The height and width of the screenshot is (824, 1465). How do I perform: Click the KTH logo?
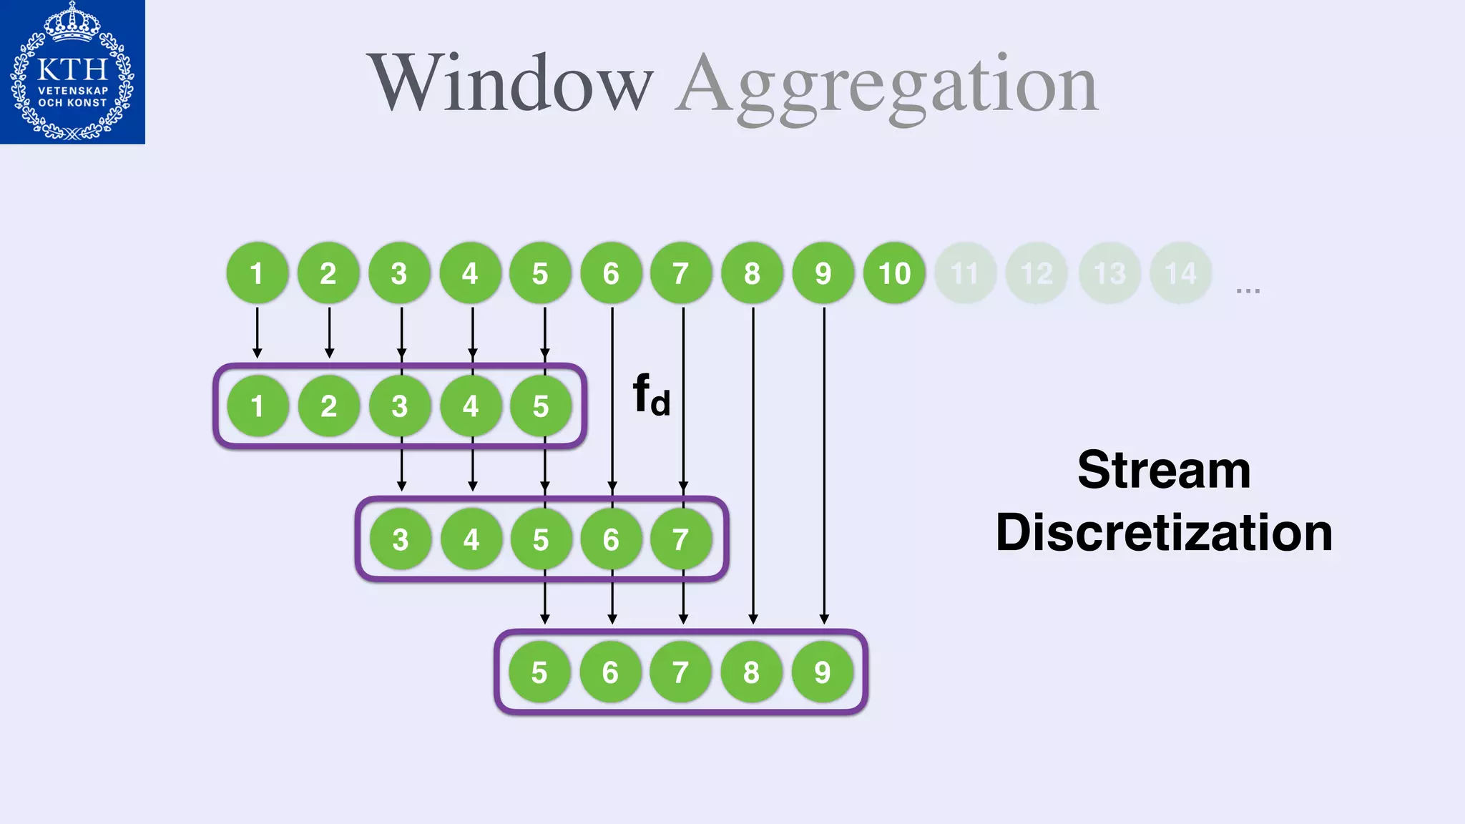(72, 72)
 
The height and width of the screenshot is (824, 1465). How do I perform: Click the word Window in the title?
(510, 84)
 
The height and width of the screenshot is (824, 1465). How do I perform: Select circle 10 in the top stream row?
(894, 273)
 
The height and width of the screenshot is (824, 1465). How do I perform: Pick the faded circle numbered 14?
(1180, 273)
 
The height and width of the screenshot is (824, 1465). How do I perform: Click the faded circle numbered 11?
(965, 273)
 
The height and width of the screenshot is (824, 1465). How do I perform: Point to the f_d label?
(651, 395)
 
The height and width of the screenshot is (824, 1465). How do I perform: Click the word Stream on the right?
(1164, 470)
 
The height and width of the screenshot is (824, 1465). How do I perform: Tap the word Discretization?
(1164, 533)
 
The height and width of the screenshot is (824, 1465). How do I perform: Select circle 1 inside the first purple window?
(258, 406)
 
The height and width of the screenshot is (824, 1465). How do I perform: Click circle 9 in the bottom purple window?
(823, 672)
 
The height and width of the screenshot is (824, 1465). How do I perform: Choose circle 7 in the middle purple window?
(681, 539)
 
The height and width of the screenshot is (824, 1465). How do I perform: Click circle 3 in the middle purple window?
(401, 539)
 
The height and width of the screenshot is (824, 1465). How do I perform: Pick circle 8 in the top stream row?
(752, 273)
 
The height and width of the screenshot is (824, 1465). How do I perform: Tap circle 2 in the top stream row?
(328, 273)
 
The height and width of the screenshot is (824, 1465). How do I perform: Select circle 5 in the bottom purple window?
(540, 672)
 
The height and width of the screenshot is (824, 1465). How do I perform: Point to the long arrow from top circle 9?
(824, 465)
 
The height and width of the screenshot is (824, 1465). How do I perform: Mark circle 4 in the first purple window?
(470, 406)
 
